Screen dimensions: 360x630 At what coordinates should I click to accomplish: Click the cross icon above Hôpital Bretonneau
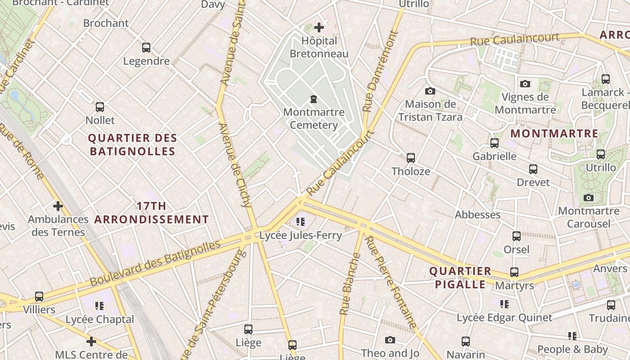(319, 27)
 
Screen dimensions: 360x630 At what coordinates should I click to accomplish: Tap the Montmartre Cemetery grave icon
(314, 99)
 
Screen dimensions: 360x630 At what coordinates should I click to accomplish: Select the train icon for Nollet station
(100, 107)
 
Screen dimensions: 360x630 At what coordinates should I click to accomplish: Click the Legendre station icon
(146, 48)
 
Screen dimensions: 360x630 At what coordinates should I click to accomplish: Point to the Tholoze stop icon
(411, 158)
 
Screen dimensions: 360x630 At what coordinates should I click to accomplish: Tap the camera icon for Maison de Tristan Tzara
(430, 91)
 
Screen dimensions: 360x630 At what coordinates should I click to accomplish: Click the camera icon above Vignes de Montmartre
(525, 84)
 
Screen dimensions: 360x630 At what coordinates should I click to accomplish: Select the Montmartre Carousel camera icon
(589, 198)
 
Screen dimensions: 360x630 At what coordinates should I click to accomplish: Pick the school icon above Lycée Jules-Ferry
(301, 221)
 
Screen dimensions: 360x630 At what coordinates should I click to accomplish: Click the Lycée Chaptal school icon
(99, 306)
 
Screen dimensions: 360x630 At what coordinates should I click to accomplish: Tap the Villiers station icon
(39, 297)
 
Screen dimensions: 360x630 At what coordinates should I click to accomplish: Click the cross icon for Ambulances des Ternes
(58, 206)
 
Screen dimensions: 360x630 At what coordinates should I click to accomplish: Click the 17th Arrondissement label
(151, 213)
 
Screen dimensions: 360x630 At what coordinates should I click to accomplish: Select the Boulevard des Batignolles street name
(155, 264)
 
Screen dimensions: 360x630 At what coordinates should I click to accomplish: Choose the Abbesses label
(477, 215)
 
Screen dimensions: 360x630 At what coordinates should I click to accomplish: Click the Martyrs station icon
(514, 272)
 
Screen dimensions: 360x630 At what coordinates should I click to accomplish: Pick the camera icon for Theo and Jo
(390, 340)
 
